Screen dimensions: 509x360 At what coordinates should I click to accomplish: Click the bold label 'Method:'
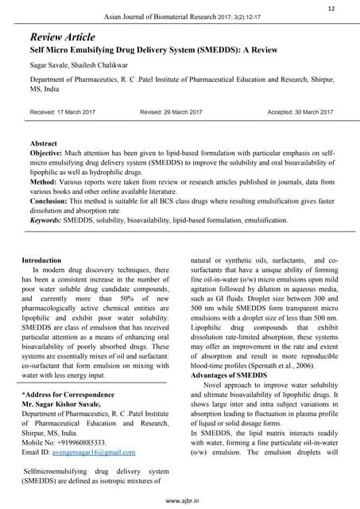45,182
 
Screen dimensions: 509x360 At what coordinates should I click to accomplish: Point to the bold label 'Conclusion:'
53,202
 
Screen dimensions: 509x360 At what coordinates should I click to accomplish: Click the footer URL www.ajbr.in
180,502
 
